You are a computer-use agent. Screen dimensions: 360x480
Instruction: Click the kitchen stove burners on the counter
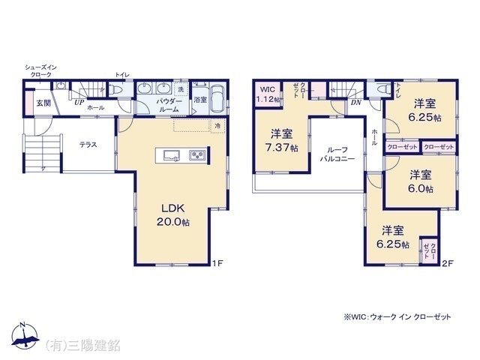click(197, 156)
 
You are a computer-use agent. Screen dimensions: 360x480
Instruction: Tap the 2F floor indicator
click(448, 262)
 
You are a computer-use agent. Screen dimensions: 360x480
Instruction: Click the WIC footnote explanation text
click(398, 317)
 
